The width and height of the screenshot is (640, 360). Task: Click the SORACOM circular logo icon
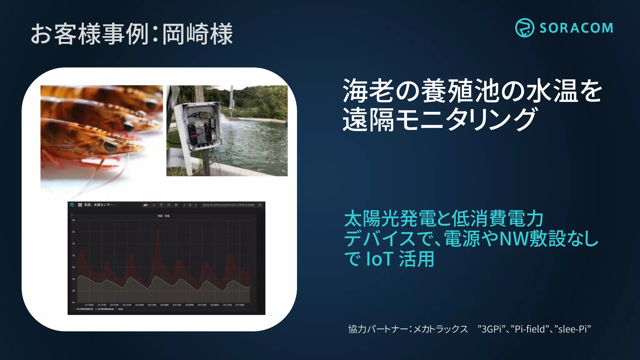pos(524,28)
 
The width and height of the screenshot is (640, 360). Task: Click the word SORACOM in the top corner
pos(576,28)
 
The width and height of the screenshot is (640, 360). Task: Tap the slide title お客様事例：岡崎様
pos(132,34)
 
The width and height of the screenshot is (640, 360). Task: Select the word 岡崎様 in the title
pos(197,34)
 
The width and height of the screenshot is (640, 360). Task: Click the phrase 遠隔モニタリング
pos(439,119)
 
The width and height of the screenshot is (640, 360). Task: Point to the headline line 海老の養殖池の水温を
pos(472,91)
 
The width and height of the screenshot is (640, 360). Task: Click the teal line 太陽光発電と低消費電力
pos(443,218)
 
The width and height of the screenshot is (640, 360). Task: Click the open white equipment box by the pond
pos(200,127)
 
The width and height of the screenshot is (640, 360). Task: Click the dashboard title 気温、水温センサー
pos(98,205)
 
